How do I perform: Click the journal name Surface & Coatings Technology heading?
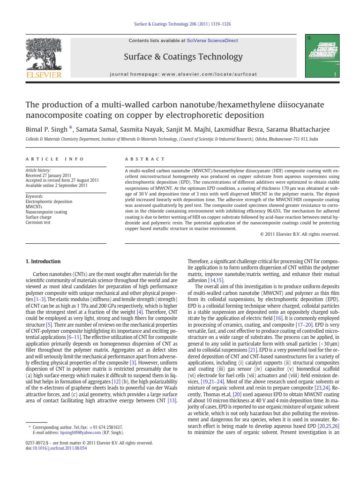[x=182, y=57]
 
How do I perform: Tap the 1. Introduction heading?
[x=43, y=261]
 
